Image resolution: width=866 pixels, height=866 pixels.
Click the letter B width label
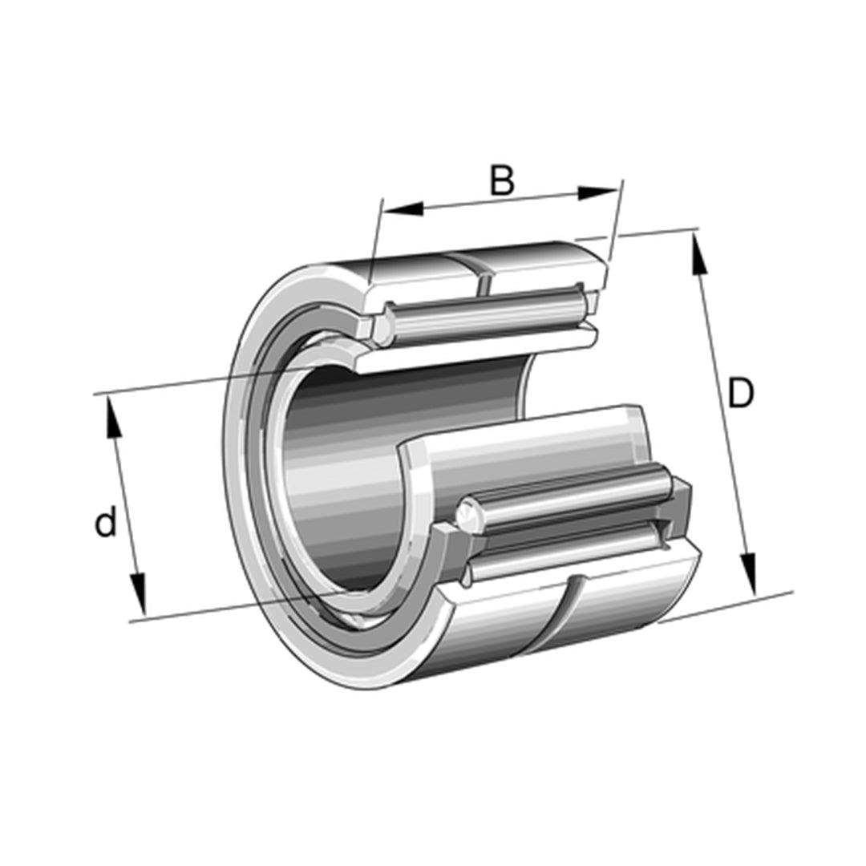502,180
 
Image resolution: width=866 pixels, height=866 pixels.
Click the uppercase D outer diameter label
740,394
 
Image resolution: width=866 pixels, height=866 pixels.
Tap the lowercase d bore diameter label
106,524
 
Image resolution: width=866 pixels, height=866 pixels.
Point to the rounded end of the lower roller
467,515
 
